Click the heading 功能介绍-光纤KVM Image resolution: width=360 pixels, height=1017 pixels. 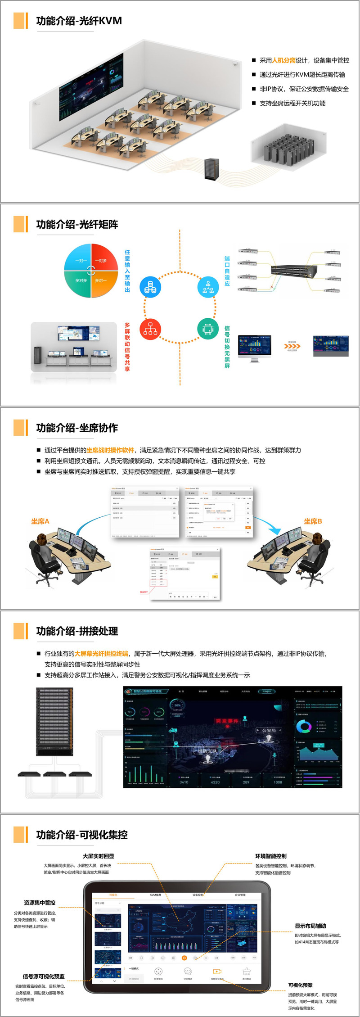pyautogui.click(x=79, y=21)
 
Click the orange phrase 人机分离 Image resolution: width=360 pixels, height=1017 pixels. pyautogui.click(x=283, y=60)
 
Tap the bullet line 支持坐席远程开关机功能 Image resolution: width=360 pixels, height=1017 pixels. pyautogui.click(x=292, y=104)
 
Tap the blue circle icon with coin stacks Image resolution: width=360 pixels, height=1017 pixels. pyautogui.click(x=150, y=287)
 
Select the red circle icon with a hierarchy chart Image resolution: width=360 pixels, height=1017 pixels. pyautogui.click(x=150, y=329)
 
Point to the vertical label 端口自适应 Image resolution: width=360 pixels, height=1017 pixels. pyautogui.click(x=227, y=271)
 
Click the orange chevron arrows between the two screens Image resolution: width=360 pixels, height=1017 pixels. pyautogui.click(x=292, y=346)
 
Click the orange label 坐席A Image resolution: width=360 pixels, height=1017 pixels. pyautogui.click(x=40, y=521)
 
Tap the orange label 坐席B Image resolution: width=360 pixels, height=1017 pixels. pyautogui.click(x=313, y=521)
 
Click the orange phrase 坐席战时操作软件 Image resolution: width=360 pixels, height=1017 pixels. pyautogui.click(x=110, y=450)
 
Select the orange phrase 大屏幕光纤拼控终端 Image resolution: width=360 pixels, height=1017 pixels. pyautogui.click(x=101, y=654)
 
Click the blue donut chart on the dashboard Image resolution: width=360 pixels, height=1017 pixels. pyautogui.click(x=304, y=727)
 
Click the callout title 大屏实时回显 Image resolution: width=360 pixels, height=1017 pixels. pyautogui.click(x=98, y=856)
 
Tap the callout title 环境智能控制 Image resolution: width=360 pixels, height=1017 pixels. pyautogui.click(x=270, y=856)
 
